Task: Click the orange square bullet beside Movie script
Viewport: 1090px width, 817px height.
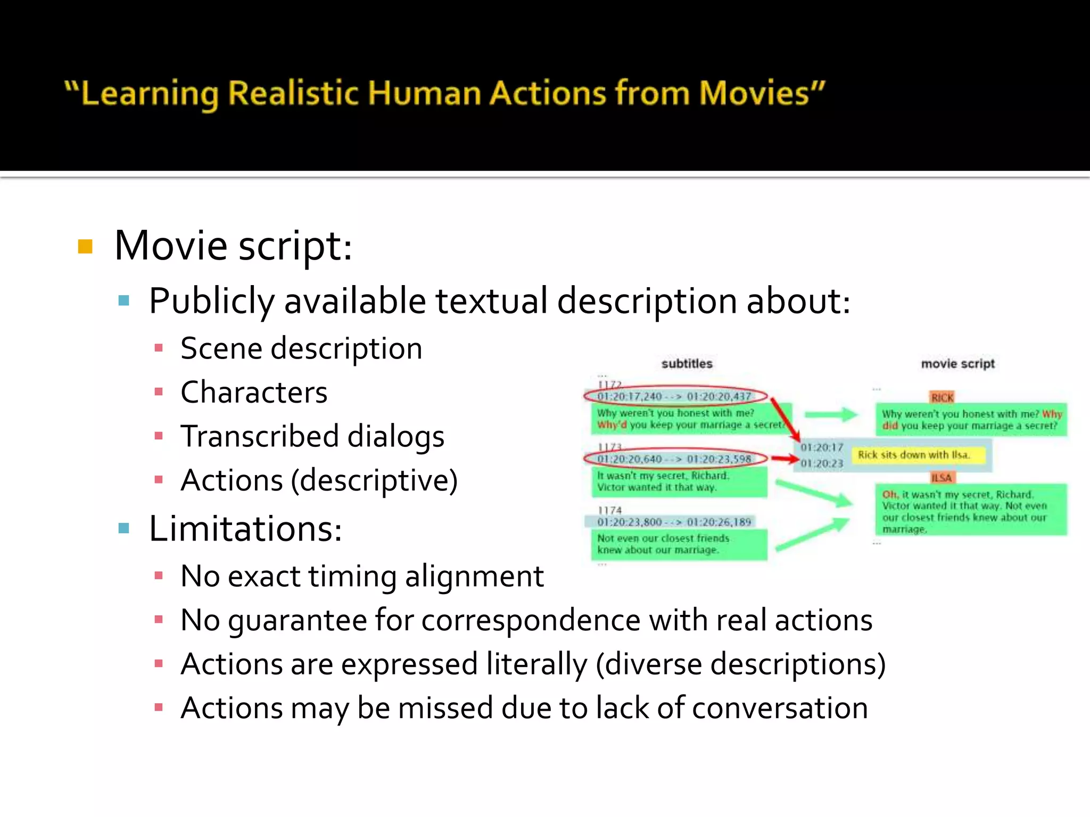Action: tap(85, 246)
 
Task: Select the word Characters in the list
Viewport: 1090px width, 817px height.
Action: tap(254, 393)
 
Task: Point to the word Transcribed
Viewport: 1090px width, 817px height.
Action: tap(259, 437)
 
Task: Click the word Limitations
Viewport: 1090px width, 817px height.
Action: tap(245, 529)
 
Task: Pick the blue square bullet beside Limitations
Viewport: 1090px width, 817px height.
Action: tap(124, 528)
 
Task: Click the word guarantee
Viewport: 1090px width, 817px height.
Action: tap(298, 621)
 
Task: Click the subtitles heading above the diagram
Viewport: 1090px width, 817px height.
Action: tap(687, 364)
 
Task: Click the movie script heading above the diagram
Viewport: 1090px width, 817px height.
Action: tap(957, 364)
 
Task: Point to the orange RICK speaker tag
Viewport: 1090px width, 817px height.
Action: tap(942, 397)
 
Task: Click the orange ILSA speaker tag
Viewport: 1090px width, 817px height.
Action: tap(941, 478)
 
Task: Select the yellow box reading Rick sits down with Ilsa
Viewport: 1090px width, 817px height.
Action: tap(913, 455)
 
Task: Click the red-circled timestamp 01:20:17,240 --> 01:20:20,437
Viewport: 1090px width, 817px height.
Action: tap(674, 396)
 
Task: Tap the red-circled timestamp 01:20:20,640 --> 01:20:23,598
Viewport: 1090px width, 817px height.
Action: tap(674, 459)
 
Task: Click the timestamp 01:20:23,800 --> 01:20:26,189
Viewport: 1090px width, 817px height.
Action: tap(674, 522)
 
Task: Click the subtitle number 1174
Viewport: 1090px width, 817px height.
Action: tap(609, 510)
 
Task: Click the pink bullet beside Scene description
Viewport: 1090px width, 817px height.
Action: tap(158, 348)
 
